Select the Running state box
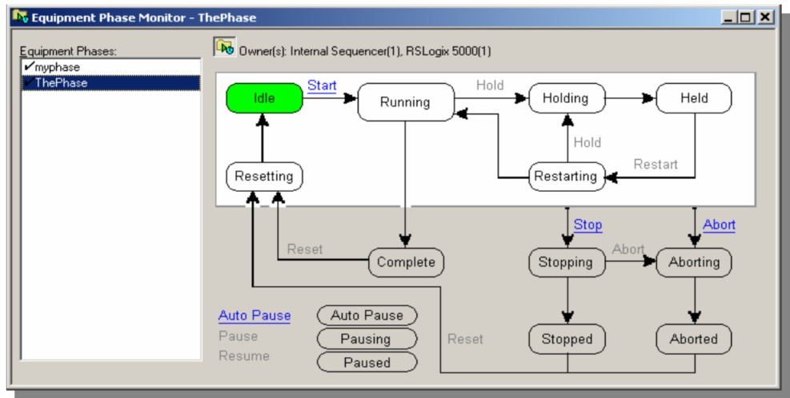405,102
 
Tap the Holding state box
566,98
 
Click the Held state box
694,98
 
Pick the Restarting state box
564,177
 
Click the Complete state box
406,261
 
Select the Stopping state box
566,261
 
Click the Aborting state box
694,261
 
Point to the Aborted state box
694,339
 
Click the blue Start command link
323,85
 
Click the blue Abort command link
719,225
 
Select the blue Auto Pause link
255,316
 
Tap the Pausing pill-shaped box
367,339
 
